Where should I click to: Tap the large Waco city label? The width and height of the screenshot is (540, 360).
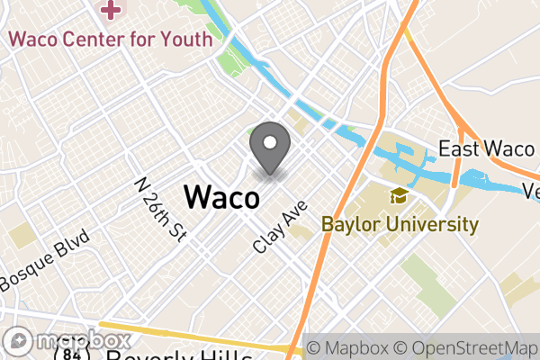point(222,196)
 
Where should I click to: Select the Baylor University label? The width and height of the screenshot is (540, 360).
point(399,224)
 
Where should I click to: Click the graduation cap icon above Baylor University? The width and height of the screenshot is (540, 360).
point(397,197)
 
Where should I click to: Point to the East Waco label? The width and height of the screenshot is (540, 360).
point(487,148)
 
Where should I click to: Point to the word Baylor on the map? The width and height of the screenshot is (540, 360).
point(348,224)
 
